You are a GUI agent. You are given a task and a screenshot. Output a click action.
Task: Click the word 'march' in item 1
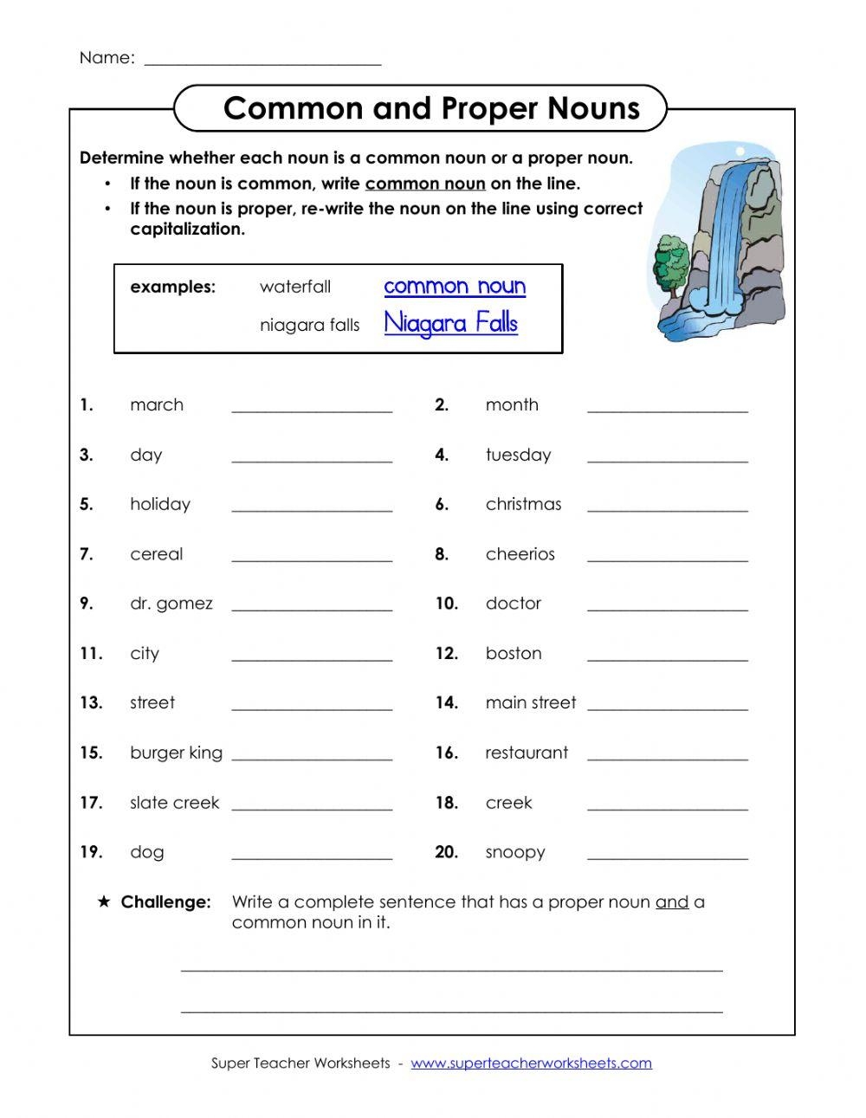(x=157, y=404)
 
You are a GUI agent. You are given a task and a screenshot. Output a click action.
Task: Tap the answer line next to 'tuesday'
(x=667, y=459)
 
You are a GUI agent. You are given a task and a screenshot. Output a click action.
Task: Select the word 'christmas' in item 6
(x=523, y=504)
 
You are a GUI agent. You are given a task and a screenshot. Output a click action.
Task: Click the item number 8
(x=442, y=554)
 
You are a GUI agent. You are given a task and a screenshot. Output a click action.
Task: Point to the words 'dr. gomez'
(x=171, y=604)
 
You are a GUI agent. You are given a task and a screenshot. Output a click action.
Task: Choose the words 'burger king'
(x=176, y=753)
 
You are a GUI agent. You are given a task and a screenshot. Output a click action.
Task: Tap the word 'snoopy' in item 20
(x=515, y=852)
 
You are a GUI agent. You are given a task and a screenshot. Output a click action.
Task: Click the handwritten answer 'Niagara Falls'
(x=450, y=323)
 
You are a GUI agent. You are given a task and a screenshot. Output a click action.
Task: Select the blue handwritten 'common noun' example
(x=455, y=286)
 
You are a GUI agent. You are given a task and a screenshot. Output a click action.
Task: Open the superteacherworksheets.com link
(x=531, y=1063)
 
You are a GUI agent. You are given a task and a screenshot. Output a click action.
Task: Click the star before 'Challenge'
(x=104, y=902)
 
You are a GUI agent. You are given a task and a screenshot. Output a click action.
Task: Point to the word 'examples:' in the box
(x=172, y=287)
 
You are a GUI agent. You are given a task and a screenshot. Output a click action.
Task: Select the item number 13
(x=91, y=703)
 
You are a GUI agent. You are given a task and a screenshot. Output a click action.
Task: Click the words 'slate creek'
(x=175, y=803)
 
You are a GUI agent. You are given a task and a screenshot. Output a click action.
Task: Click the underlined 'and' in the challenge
(x=672, y=902)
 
